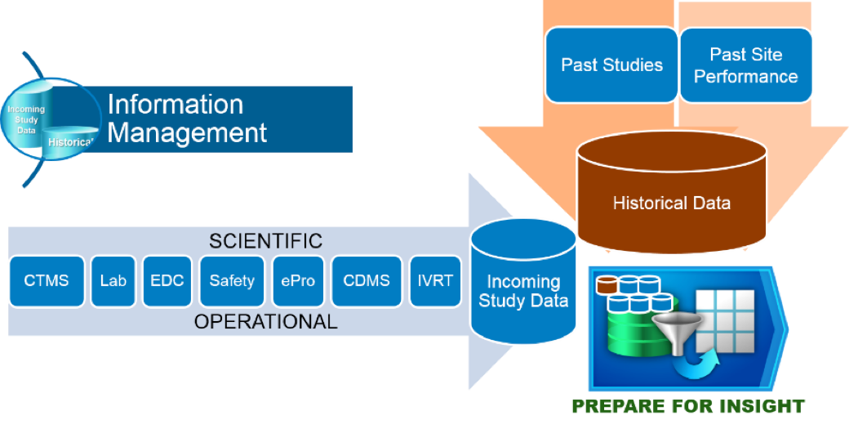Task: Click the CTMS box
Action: [47, 281]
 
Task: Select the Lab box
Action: [113, 281]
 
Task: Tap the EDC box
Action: [167, 281]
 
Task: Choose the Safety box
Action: [232, 281]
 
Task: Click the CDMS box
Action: [367, 281]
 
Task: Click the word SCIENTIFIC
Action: [265, 241]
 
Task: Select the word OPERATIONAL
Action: [265, 322]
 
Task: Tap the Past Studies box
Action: [611, 65]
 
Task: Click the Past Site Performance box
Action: [745, 65]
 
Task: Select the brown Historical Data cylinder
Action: [671, 196]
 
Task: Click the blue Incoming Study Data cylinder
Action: [523, 286]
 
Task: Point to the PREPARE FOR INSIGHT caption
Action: [688, 406]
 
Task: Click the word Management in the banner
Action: [187, 132]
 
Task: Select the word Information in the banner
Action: [176, 105]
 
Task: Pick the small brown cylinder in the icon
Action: [607, 285]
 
